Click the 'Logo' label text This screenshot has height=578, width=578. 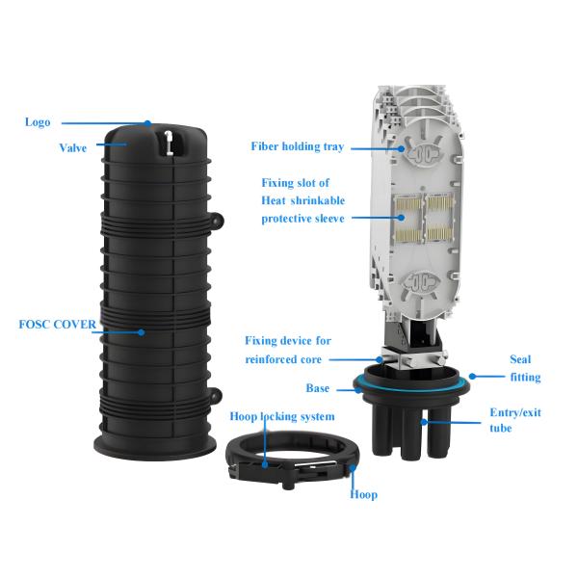pyautogui.click(x=38, y=122)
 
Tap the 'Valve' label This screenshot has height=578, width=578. pyautogui.click(x=73, y=147)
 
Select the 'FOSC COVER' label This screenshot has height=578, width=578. pyautogui.click(x=58, y=325)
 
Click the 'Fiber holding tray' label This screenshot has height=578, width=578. pyautogui.click(x=298, y=146)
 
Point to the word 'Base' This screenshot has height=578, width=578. pyautogui.click(x=318, y=388)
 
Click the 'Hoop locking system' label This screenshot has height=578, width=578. pyautogui.click(x=282, y=416)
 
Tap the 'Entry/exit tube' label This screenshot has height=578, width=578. pyautogui.click(x=515, y=420)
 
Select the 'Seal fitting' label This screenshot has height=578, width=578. pyautogui.click(x=525, y=368)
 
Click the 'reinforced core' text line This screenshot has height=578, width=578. pyautogui.click(x=283, y=359)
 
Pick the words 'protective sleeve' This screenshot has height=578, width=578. pyautogui.click(x=303, y=219)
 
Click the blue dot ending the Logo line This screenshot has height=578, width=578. pyautogui.click(x=147, y=123)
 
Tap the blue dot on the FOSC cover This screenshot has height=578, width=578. pyautogui.click(x=142, y=332)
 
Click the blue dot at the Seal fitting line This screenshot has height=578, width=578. pyautogui.click(x=472, y=377)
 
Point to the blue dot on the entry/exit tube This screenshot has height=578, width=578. pyautogui.click(x=424, y=422)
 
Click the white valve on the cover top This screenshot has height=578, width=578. pyautogui.click(x=169, y=143)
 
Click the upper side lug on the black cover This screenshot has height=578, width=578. pyautogui.click(x=217, y=220)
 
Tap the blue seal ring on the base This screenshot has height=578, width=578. pyautogui.click(x=411, y=387)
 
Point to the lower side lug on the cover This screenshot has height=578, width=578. pyautogui.click(x=217, y=395)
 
